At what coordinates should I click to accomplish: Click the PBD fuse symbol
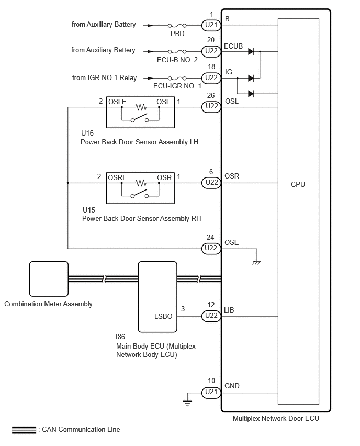pyautogui.click(x=177, y=26)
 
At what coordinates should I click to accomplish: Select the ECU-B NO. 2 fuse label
pyautogui.click(x=177, y=60)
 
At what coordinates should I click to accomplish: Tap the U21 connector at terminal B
pyautogui.click(x=211, y=25)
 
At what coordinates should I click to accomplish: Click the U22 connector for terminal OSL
pyautogui.click(x=211, y=106)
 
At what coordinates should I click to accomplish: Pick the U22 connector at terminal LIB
pyautogui.click(x=211, y=316)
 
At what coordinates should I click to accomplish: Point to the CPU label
pyautogui.click(x=298, y=184)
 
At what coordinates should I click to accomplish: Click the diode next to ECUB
pyautogui.click(x=251, y=51)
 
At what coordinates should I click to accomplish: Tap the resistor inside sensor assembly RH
pyautogui.click(x=141, y=183)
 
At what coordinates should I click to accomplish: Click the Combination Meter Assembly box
pyautogui.click(x=49, y=278)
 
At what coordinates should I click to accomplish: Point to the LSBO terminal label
pyautogui.click(x=163, y=316)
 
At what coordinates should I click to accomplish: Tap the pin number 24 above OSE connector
pyautogui.click(x=210, y=237)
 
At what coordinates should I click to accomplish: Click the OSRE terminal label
pyautogui.click(x=117, y=177)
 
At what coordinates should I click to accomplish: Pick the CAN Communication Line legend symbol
pyautogui.click(x=24, y=430)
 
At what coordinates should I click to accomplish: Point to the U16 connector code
pyautogui.click(x=87, y=133)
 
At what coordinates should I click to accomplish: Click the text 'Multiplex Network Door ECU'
pyautogui.click(x=276, y=418)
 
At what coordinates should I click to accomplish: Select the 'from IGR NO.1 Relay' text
pyautogui.click(x=104, y=77)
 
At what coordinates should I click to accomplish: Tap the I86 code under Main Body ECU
pyautogui.click(x=120, y=337)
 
